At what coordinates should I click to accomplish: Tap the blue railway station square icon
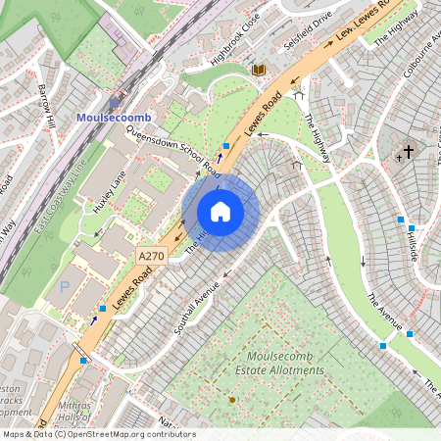coord(115,101)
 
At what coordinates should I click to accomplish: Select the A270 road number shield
coord(151,256)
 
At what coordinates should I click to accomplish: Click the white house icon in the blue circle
coord(220,212)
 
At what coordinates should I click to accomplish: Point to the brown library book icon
coord(259,70)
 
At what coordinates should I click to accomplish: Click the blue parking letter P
coord(66,288)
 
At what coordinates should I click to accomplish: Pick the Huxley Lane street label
coord(111,191)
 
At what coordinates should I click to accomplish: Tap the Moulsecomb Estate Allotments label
coord(286,363)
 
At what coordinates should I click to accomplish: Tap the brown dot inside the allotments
coord(232,400)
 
